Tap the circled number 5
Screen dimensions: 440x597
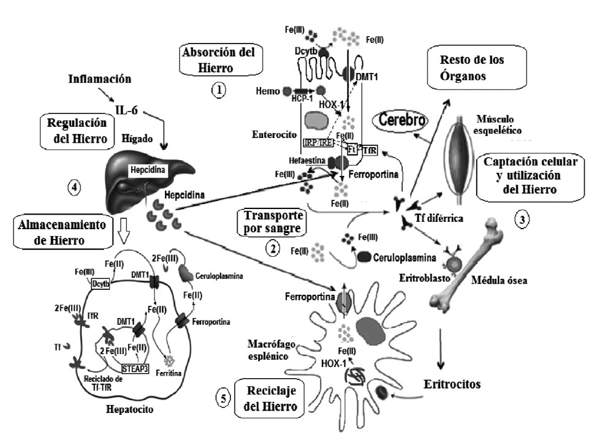click(224, 398)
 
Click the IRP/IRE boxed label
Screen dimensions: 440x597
click(318, 143)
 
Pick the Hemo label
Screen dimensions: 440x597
click(269, 91)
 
